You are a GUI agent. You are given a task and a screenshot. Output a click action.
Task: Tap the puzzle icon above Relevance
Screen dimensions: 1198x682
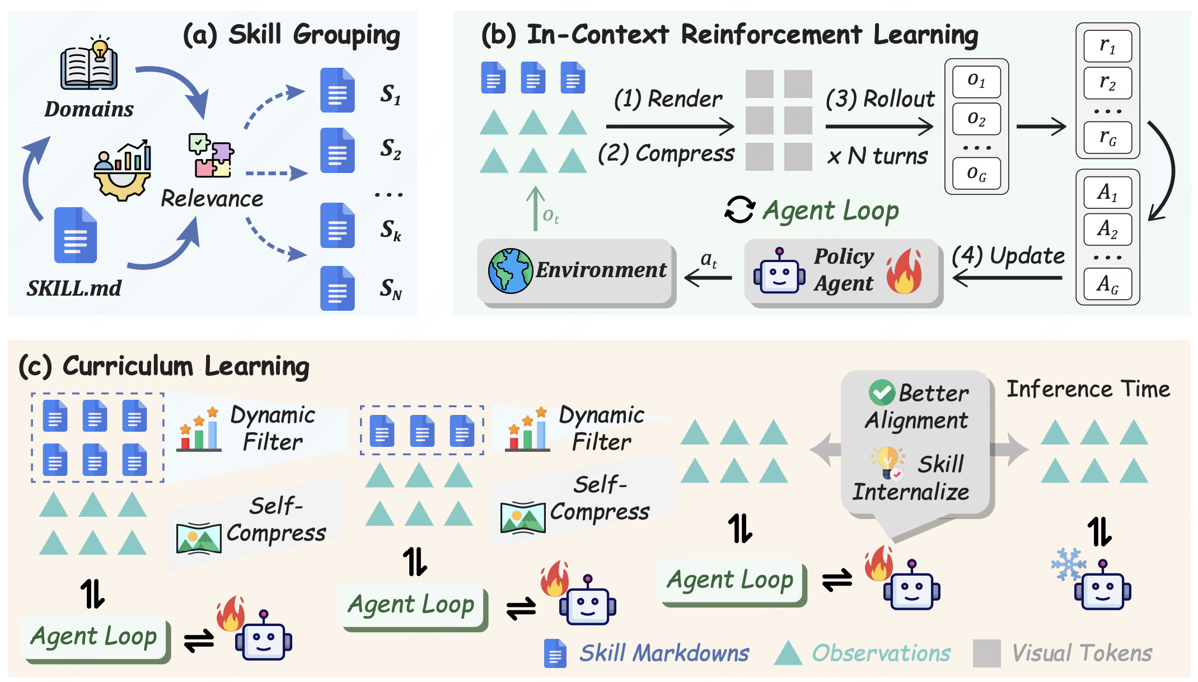coord(211,155)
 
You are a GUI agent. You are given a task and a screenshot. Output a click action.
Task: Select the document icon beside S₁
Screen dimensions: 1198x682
coord(338,90)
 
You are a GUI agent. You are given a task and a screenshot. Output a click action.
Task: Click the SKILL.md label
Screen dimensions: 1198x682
coord(74,288)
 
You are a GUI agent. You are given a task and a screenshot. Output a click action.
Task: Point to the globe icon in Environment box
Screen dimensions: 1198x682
coord(510,271)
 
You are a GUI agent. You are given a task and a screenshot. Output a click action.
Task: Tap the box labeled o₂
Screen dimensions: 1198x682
coord(976,119)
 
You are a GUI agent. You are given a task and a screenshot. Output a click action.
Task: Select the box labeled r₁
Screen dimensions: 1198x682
coord(1108,46)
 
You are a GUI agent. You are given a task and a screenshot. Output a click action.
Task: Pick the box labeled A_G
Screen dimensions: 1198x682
coord(1108,284)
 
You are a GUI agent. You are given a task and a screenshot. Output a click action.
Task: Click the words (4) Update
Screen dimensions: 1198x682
coord(1008,256)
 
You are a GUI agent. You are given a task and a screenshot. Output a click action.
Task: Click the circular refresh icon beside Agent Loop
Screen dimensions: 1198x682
coord(740,210)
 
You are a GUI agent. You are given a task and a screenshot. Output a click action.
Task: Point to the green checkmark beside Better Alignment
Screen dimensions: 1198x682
coord(882,393)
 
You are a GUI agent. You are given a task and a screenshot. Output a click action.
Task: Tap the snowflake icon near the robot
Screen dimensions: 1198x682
coord(1068,564)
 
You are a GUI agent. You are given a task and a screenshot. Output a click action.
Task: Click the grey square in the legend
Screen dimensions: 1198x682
coord(987,653)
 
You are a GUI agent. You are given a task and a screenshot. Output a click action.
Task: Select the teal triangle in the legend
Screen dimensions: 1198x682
coord(788,653)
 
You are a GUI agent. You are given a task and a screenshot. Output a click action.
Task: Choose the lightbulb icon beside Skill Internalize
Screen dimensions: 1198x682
coord(888,464)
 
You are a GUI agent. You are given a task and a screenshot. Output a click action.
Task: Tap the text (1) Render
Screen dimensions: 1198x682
coord(668,99)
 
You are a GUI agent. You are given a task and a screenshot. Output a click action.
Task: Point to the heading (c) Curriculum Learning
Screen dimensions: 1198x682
coord(164,367)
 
